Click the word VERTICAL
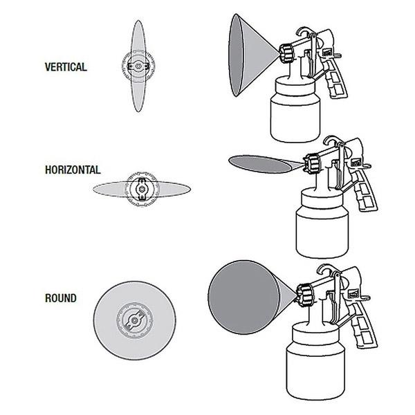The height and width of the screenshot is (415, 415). click(65, 68)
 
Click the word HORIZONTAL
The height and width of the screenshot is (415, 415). click(71, 169)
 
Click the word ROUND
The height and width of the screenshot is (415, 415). click(61, 299)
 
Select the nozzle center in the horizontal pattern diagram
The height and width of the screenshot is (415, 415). click(142, 188)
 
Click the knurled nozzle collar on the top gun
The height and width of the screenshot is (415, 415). click(286, 52)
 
